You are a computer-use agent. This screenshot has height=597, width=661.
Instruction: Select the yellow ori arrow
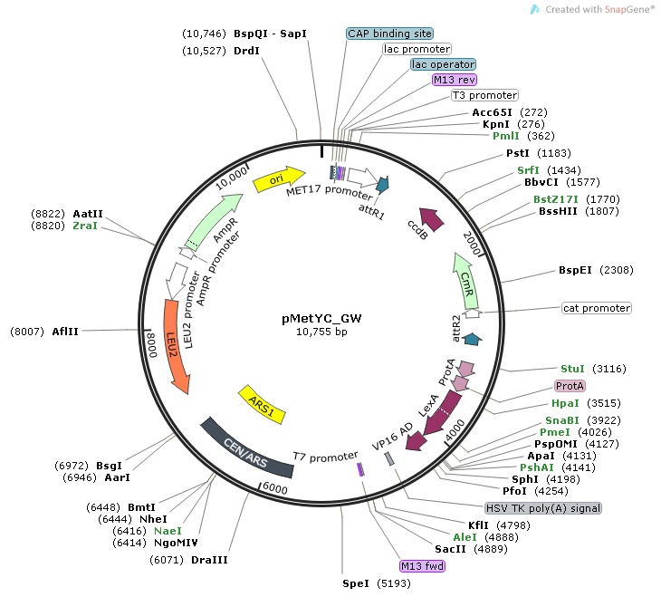click(x=278, y=176)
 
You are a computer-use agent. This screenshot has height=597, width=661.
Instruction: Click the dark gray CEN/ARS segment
click(x=247, y=447)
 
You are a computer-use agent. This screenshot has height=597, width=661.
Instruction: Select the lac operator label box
click(x=443, y=64)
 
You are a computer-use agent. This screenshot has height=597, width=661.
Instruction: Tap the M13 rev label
click(x=455, y=80)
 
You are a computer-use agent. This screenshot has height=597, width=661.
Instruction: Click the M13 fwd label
click(x=422, y=566)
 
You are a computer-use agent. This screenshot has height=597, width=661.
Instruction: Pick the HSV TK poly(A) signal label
click(x=543, y=508)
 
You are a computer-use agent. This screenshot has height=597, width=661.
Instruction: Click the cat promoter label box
click(x=597, y=308)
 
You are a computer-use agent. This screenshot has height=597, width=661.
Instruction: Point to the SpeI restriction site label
click(x=343, y=583)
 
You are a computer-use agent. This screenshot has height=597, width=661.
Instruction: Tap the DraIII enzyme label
click(x=209, y=560)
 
